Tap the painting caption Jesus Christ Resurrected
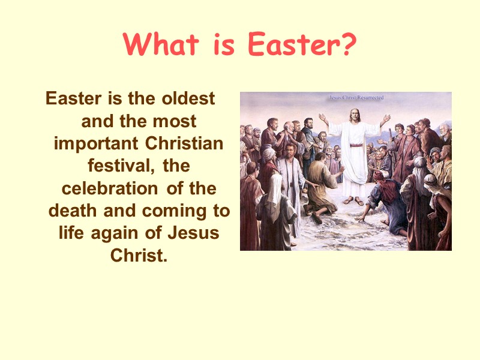click(x=356, y=97)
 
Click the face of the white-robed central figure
click(x=354, y=115)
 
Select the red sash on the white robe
click(x=355, y=145)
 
